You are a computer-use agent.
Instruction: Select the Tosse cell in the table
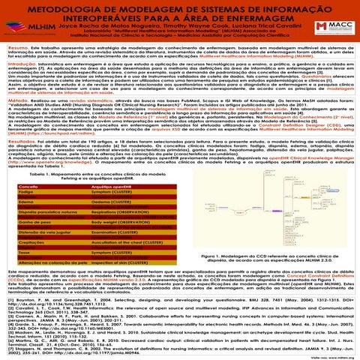[x=25, y=274]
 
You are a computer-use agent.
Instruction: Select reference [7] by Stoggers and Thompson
[x=180, y=349]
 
